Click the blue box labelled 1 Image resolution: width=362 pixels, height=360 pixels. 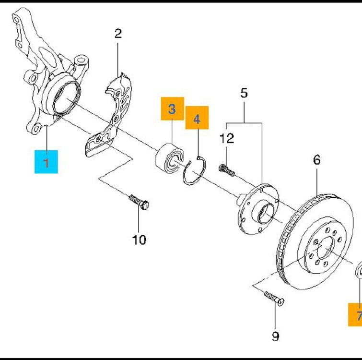tap(46, 161)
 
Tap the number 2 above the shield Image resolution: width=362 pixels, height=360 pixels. tap(118, 34)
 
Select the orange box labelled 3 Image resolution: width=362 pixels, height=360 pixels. tap(172, 109)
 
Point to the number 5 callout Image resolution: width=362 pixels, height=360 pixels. tap(244, 93)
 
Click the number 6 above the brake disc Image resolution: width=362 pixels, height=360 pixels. tap(317, 160)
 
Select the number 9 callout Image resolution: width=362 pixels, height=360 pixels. tap(275, 336)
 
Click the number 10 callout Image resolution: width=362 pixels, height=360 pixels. tap(139, 239)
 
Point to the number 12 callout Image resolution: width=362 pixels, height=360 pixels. tap(227, 139)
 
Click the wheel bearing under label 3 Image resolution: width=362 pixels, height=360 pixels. tap(171, 156)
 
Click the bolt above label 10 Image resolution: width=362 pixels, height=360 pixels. tap(139, 202)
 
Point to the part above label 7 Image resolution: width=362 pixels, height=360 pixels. tap(358, 272)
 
